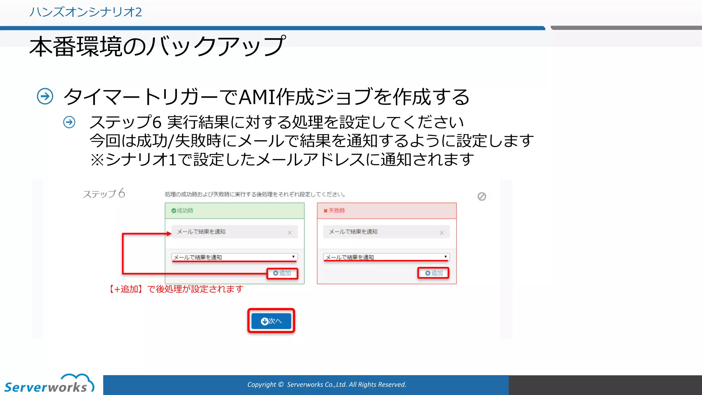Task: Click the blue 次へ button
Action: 271,321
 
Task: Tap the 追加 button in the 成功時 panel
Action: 282,273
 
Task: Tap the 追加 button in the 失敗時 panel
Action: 434,273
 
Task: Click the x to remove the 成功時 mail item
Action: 290,233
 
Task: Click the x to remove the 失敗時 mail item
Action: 441,233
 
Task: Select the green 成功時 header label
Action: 183,211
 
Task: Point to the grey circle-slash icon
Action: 482,196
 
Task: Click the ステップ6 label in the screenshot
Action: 104,194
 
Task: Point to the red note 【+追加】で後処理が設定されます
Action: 176,289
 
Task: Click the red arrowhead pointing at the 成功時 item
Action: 169,234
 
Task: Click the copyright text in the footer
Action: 327,385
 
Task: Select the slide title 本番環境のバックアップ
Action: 157,47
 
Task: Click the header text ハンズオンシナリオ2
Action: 85,12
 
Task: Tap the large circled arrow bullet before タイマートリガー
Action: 45,96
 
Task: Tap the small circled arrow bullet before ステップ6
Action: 69,122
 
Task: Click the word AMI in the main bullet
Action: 257,97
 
